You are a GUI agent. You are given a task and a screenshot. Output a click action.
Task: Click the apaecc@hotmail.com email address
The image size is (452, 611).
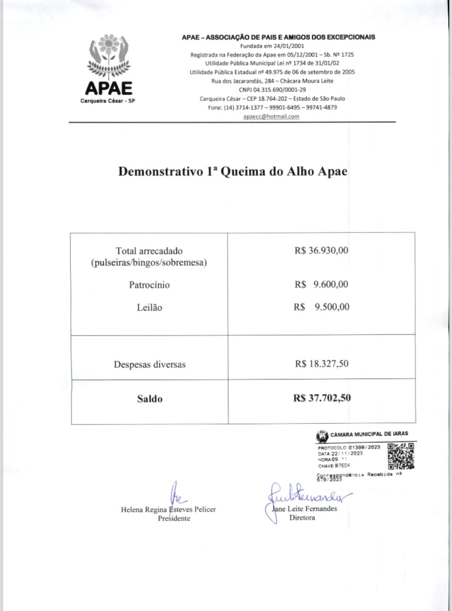[272, 117]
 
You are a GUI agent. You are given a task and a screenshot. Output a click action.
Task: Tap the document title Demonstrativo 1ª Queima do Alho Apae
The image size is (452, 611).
[233, 171]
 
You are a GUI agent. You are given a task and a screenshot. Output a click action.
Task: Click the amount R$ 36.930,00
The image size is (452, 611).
[321, 251]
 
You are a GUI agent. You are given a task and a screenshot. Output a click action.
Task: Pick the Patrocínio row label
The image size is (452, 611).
[149, 285]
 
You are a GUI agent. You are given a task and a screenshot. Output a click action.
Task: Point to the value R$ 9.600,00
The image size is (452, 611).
[321, 285]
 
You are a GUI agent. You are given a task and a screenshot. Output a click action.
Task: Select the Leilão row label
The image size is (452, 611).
[149, 308]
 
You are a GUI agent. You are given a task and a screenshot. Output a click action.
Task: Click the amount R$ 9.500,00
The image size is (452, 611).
[321, 307]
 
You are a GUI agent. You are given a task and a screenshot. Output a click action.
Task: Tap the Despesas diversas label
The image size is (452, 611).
[150, 364]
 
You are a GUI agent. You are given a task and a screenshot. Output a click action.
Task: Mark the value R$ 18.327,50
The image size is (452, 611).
[321, 364]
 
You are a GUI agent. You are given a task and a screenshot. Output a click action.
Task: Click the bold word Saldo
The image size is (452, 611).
[150, 399]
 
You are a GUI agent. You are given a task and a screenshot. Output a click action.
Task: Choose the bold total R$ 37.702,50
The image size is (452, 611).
[322, 398]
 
